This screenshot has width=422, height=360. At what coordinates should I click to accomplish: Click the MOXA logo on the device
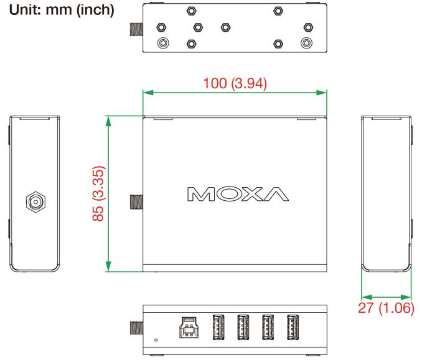pyautogui.click(x=238, y=194)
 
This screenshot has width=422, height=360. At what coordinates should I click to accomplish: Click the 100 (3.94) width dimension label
pyautogui.click(x=235, y=83)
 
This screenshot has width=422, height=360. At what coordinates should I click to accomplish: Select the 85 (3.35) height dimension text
pyautogui.click(x=98, y=193)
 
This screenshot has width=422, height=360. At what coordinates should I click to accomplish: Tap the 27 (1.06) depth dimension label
pyautogui.click(x=386, y=308)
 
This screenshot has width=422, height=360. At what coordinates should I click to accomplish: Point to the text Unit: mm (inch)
pyautogui.click(x=62, y=10)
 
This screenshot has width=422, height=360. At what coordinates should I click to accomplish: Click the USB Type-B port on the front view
pyautogui.click(x=189, y=327)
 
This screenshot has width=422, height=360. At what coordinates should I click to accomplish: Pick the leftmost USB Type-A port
pyautogui.click(x=218, y=327)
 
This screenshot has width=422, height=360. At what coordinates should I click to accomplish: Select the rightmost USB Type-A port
pyautogui.click(x=293, y=327)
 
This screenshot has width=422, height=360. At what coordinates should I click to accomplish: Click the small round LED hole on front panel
pyautogui.click(x=156, y=340)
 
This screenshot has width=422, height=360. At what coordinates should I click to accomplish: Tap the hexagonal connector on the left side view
pyautogui.click(x=35, y=201)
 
